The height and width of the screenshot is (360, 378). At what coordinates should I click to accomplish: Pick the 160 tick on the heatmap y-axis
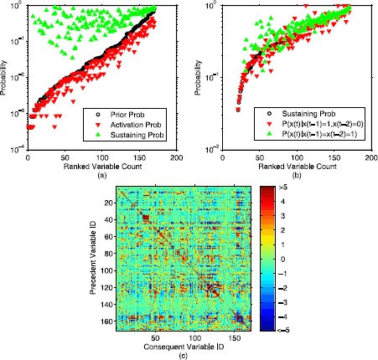click(104, 321)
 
